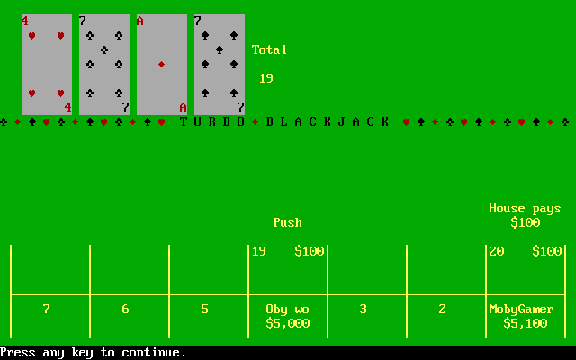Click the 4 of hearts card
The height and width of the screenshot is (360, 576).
coord(47,65)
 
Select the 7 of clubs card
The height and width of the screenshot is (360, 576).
coord(104,65)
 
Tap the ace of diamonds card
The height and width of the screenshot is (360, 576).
coord(162,65)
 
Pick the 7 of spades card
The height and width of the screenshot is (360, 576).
coord(220,65)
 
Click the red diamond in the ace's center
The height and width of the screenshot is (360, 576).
coord(161,65)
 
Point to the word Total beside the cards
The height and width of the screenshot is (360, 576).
coord(269,50)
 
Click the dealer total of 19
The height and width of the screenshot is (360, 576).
coord(266,78)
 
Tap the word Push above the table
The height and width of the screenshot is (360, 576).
coord(288,222)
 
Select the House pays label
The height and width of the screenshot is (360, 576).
coord(525,209)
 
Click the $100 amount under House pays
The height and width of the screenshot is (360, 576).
coord(526,222)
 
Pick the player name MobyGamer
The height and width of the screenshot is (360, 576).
coord(521,310)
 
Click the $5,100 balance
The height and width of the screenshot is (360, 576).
coord(526,323)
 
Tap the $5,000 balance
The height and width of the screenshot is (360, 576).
coord(288,323)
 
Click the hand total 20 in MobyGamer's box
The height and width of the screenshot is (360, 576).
coord(496,251)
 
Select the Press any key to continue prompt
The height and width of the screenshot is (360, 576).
coord(94,353)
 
